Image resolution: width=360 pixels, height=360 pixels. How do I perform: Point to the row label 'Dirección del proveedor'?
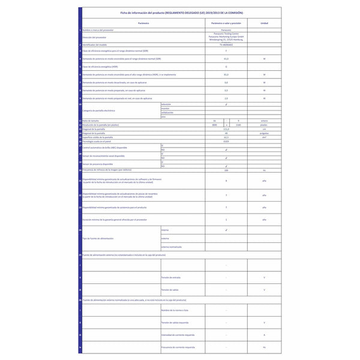click(96, 38)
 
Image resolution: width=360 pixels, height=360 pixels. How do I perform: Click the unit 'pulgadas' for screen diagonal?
click(264, 133)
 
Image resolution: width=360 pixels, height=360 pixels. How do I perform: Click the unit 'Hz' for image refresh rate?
click(264, 170)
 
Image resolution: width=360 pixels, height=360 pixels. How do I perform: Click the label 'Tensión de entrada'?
click(172, 277)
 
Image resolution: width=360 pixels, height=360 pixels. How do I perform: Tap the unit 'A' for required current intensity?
click(264, 335)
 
